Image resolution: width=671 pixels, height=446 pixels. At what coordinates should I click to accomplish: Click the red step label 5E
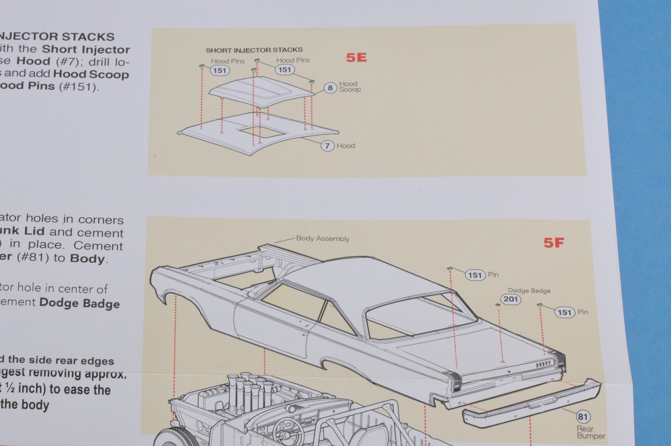(x=356, y=58)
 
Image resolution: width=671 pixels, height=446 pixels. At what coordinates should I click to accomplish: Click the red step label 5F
(x=553, y=243)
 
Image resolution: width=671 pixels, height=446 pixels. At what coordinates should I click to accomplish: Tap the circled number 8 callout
(x=330, y=88)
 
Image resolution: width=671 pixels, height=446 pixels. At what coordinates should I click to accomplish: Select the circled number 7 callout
(x=327, y=145)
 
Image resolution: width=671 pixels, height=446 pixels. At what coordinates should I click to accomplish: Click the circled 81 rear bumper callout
(x=583, y=417)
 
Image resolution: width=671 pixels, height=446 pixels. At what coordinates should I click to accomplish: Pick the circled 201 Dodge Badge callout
(x=511, y=299)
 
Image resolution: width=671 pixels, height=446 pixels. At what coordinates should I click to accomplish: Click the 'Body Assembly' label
(x=322, y=239)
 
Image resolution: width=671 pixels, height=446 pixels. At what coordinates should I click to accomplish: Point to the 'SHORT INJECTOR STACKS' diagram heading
(x=254, y=50)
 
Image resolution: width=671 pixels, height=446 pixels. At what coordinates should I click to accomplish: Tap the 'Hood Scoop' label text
(x=350, y=86)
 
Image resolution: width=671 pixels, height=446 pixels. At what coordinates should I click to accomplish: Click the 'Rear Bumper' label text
(x=590, y=432)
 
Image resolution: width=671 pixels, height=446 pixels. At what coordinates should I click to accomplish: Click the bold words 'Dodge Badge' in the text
(x=79, y=303)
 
